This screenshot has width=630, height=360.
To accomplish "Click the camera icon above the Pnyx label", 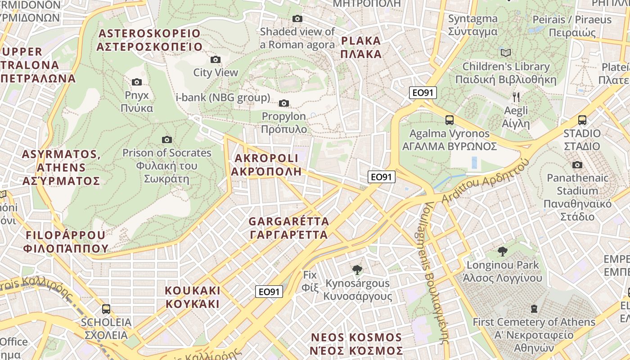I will (137, 82).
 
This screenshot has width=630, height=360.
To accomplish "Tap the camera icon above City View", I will (216, 59).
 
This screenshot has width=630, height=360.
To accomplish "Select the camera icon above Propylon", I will (283, 103).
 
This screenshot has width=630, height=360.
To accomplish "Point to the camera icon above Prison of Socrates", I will (167, 139).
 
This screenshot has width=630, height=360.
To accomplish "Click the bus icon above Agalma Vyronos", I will (449, 120).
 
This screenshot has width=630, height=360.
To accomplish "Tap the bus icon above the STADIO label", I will (582, 120).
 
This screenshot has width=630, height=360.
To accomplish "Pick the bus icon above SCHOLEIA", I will (106, 309).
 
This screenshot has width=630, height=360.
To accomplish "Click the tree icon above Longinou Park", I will (502, 251).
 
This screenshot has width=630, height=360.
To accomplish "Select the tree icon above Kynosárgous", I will (357, 270).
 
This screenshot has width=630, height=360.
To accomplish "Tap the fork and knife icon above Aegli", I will (516, 97).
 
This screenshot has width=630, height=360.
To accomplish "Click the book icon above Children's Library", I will (506, 53).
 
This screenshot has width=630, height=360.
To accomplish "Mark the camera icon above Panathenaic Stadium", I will (577, 165).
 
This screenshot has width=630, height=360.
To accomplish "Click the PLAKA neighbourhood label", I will (361, 47).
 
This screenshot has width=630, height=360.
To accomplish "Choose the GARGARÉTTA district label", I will (288, 228).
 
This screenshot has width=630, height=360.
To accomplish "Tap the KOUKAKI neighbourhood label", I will (192, 297).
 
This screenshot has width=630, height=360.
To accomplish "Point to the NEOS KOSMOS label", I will (356, 344).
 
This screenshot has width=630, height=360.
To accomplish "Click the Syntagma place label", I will (472, 25).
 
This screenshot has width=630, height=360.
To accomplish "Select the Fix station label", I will (310, 281).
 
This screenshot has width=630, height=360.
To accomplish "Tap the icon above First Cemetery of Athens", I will (534, 309).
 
